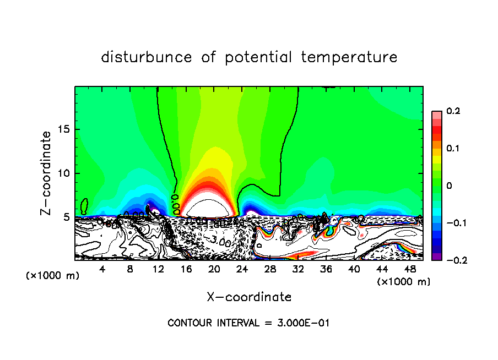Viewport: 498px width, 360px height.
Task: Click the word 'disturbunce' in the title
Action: [147, 57]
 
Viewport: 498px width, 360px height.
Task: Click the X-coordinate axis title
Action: [249, 297]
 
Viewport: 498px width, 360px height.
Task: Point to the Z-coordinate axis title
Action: [47, 173]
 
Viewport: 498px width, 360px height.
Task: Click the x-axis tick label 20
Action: [214, 269]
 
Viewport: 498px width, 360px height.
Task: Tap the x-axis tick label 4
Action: [102, 269]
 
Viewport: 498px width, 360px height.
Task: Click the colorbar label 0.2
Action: [453, 111]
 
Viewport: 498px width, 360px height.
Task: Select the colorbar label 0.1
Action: [453, 149]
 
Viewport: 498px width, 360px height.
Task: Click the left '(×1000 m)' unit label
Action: [53, 276]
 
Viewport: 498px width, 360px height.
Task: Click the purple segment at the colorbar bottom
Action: [436, 257]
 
